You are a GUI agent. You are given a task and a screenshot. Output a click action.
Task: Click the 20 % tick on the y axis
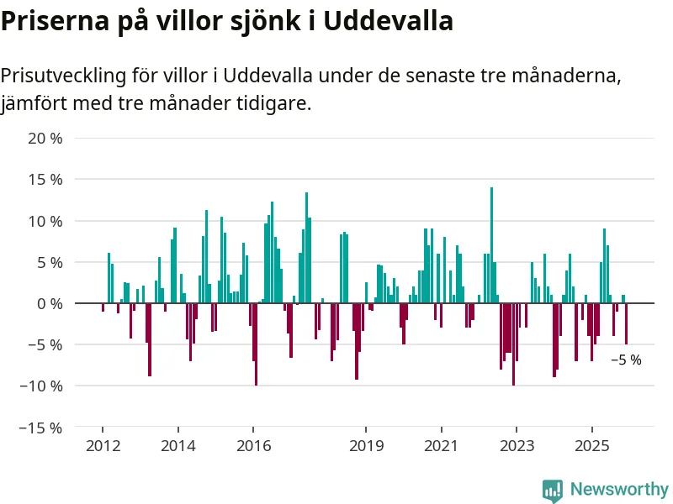coord(45,139)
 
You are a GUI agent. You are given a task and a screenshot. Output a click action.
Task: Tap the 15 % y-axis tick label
coord(45,180)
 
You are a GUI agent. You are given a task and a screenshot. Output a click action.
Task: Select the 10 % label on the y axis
coord(45,221)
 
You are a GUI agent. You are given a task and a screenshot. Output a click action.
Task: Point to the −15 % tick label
coord(40,428)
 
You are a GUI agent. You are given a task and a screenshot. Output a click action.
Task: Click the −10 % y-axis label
coord(40,386)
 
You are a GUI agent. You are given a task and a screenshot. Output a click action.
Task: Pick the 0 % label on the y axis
coord(49,303)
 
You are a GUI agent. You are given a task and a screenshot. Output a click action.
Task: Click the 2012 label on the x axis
coord(103,445)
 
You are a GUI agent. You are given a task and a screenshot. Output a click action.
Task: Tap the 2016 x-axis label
coord(253,445)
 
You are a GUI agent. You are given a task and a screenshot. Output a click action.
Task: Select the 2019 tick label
coord(366,445)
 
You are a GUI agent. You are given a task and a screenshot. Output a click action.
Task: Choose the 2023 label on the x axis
coord(517,445)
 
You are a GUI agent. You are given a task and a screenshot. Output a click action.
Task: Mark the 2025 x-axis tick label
coord(591,445)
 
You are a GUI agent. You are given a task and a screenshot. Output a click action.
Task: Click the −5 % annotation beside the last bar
coord(626,360)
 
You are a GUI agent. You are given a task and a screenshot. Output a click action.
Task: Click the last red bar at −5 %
coord(626,323)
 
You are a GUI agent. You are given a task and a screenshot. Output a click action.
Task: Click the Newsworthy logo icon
coord(553,490)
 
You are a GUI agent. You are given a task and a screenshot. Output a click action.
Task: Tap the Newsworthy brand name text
coord(619,490)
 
